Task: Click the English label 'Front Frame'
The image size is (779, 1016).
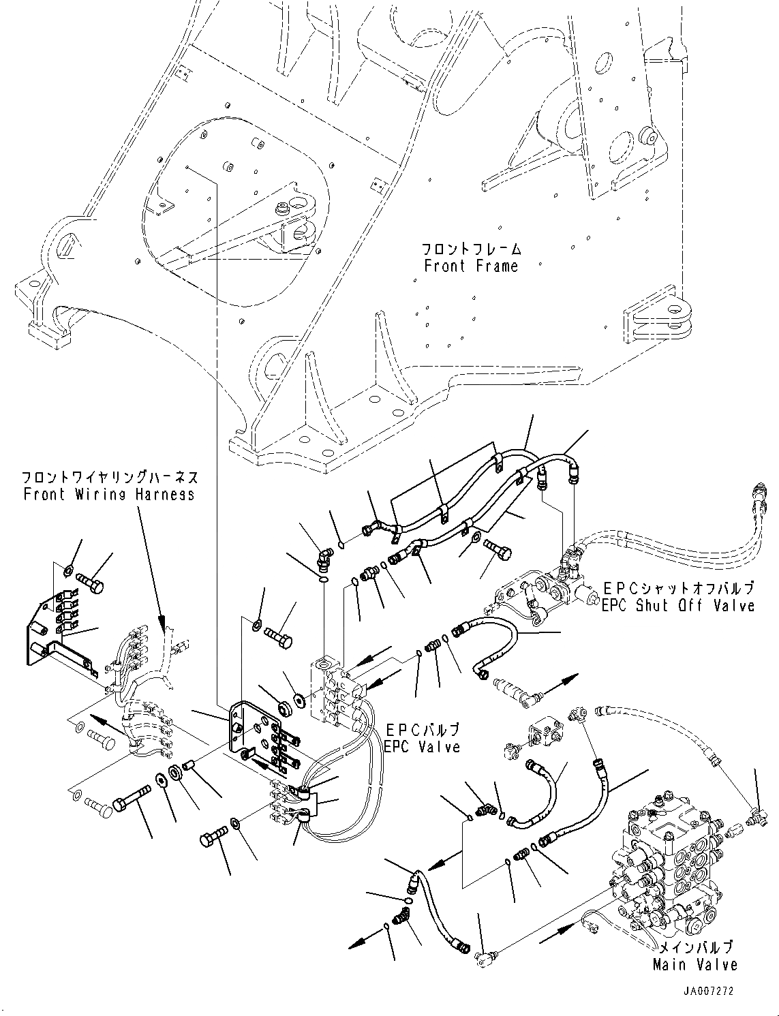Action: coord(471,266)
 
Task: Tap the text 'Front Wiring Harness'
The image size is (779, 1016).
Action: coord(109,495)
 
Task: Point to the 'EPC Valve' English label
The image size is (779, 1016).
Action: coord(422,747)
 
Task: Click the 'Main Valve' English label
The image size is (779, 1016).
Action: coord(695,964)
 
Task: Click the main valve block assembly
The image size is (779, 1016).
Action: coord(665,862)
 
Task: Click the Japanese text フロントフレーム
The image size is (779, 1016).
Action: coord(471,249)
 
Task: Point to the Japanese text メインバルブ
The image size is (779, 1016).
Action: coord(695,947)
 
